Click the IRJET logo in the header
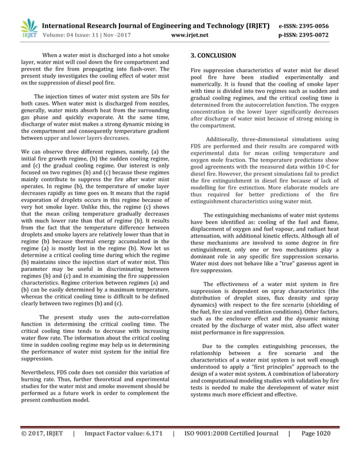coord(28,28)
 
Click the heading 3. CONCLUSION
coord(213,56)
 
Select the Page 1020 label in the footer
coord(316,449)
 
